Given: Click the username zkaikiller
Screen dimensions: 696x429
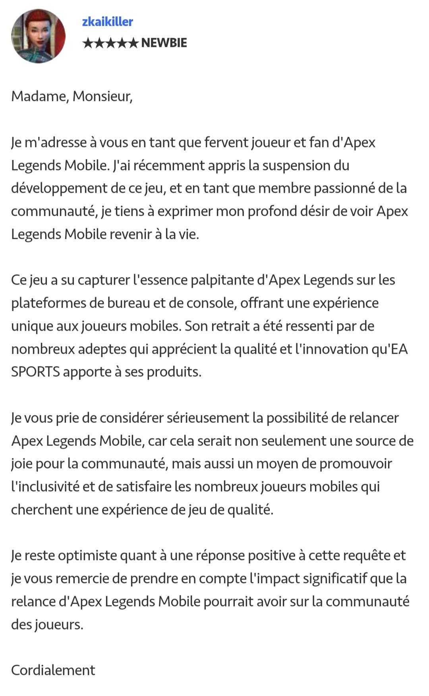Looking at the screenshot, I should [x=107, y=21].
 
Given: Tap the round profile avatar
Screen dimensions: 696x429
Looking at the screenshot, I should [x=38, y=36].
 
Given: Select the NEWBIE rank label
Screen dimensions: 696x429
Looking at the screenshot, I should [x=164, y=43].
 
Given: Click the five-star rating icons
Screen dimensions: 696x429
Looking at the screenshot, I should [x=110, y=43].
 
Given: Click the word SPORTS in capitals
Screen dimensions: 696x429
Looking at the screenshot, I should [x=35, y=372].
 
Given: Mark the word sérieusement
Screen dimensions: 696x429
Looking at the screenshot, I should [x=208, y=418].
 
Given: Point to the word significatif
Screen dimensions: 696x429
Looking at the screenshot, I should [x=335, y=579].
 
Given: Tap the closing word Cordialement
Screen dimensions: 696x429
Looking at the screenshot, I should [x=53, y=671].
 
